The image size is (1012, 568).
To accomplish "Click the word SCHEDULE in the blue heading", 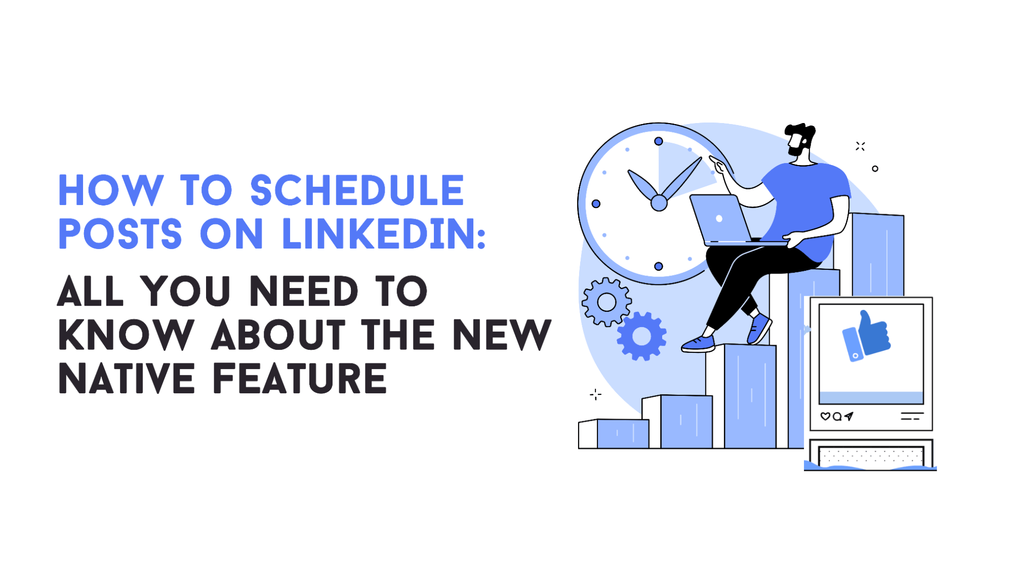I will (357, 190).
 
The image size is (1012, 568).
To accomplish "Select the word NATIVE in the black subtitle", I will (127, 379).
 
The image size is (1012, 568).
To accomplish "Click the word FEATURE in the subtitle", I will (300, 379).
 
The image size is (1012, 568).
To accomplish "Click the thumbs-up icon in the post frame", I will (867, 336).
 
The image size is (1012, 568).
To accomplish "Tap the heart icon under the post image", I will (825, 416).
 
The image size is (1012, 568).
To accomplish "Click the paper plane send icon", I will (849, 416).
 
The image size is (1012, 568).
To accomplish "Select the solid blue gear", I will (641, 336).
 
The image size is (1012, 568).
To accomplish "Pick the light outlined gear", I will (606, 302).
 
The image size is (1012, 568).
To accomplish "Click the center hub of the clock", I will (659, 203).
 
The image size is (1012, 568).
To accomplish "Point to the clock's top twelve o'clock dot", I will (659, 141).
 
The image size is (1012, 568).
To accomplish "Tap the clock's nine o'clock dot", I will (596, 204).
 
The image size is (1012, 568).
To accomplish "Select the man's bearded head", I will (799, 139).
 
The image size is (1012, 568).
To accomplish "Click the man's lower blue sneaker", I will (698, 344).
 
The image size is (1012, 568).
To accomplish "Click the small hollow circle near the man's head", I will (875, 169).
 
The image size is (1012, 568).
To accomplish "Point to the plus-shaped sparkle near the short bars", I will (595, 394).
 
